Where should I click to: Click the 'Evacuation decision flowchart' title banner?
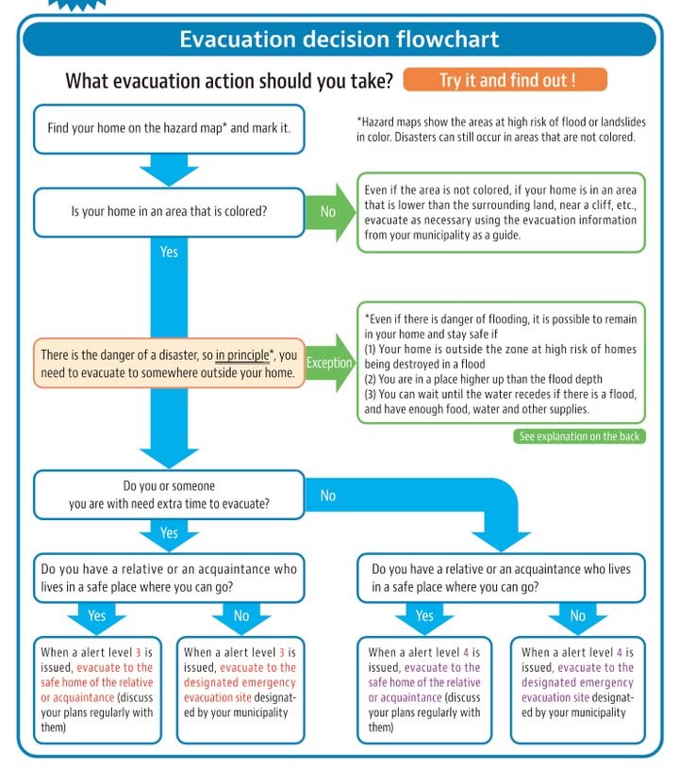coord(339,40)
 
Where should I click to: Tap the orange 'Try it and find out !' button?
coord(505,80)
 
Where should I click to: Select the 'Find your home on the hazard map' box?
coord(169,128)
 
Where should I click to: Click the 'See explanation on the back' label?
coord(580,436)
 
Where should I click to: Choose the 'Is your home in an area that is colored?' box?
coord(169,212)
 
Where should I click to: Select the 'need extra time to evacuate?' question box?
coord(169,495)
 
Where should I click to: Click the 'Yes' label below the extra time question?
coord(169,533)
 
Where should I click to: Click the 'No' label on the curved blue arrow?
coord(328,496)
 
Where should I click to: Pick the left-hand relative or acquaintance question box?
coord(169,578)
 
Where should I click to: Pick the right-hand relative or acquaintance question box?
coord(501,578)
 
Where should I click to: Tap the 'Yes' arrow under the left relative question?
coord(96,616)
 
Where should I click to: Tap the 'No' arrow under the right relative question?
coord(578,616)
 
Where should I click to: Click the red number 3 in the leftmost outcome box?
coord(140,652)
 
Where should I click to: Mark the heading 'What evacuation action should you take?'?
coord(229,81)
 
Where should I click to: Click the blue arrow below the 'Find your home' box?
coord(169,171)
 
